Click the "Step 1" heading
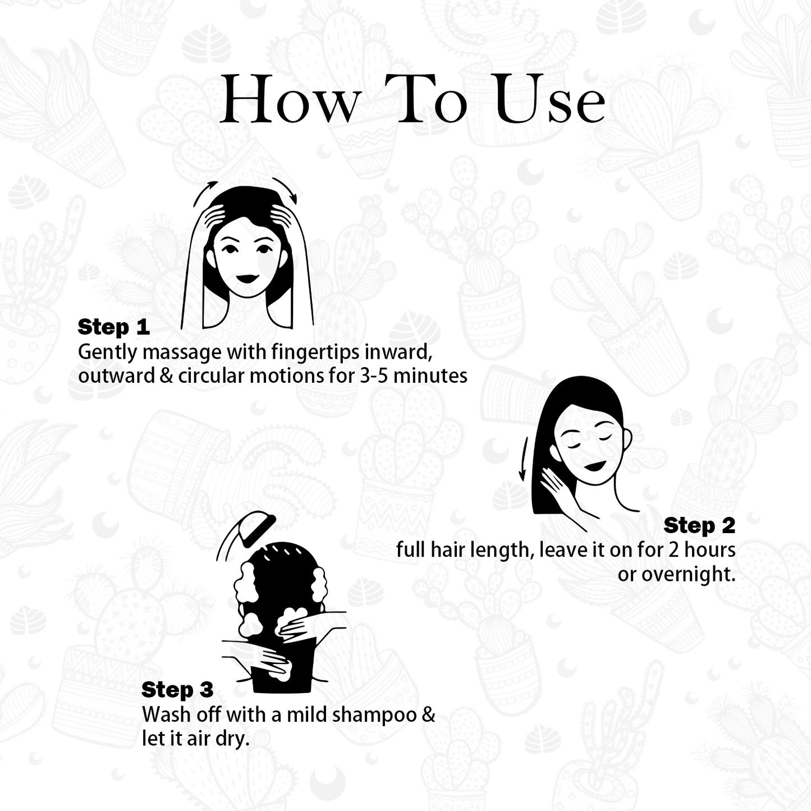coord(113,327)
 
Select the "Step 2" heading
coord(699,525)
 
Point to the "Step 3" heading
coord(177,689)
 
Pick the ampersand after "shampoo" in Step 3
coord(428,715)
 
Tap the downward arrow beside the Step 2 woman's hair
coord(524,459)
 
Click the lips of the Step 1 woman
coord(247,278)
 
